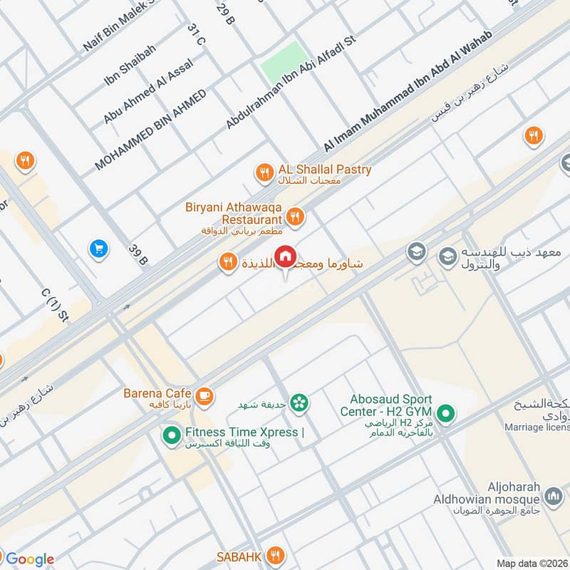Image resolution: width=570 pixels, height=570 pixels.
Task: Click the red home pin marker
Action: click(286, 256)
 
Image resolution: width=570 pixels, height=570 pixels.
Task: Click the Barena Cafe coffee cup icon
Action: click(204, 394)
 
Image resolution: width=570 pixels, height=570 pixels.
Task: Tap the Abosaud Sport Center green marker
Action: click(446, 413)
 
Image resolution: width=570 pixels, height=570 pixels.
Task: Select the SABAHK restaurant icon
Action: click(276, 555)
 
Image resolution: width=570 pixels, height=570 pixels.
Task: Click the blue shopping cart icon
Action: click(98, 249)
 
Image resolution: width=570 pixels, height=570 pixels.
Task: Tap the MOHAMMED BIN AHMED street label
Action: click(150, 130)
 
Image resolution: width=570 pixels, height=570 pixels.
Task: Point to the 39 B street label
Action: click(138, 254)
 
